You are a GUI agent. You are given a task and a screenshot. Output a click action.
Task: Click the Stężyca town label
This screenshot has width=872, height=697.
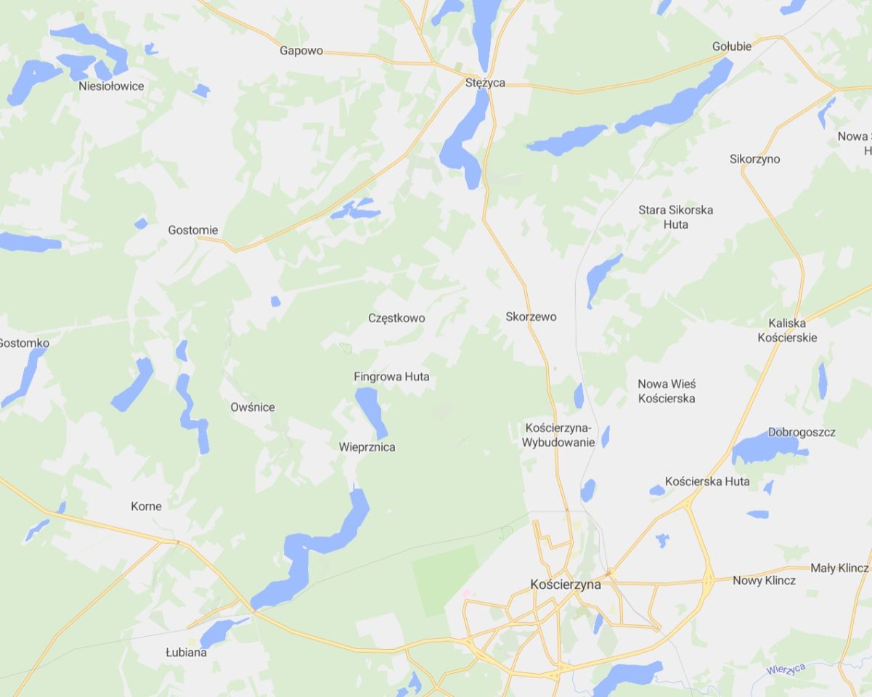(485, 83)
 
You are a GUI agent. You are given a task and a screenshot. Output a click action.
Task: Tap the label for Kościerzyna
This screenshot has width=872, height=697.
(566, 584)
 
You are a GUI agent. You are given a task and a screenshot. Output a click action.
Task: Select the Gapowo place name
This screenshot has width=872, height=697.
(301, 51)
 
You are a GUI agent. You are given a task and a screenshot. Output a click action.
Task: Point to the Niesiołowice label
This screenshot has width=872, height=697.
(111, 86)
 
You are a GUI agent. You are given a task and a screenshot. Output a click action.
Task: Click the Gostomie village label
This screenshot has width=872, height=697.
(192, 230)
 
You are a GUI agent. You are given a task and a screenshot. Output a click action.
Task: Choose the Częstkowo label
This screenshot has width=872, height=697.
(396, 318)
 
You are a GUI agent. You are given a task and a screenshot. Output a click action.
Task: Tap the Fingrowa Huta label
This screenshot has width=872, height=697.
(391, 377)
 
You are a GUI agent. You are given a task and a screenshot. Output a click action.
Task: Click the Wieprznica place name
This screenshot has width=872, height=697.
(367, 447)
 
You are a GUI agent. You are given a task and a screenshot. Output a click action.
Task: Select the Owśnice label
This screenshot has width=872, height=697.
(253, 407)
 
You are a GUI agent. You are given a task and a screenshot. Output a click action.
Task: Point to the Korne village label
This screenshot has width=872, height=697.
(146, 506)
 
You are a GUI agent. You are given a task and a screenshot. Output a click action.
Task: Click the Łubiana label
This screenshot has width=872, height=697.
(186, 653)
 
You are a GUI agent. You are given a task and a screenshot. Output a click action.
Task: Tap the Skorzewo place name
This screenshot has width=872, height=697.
(531, 317)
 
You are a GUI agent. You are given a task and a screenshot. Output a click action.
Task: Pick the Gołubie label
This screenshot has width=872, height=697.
(732, 46)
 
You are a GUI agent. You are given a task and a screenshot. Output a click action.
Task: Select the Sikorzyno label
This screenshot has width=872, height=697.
(755, 159)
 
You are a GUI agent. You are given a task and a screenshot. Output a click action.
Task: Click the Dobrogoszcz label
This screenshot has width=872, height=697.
(802, 432)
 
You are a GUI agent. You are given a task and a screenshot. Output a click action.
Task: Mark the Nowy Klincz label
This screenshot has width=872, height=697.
(764, 581)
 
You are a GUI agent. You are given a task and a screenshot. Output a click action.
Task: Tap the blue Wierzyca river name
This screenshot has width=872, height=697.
(786, 669)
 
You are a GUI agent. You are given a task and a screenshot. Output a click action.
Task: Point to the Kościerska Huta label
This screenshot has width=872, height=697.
(707, 481)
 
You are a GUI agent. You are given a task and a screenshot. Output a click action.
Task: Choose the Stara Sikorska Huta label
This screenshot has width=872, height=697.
(676, 217)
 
